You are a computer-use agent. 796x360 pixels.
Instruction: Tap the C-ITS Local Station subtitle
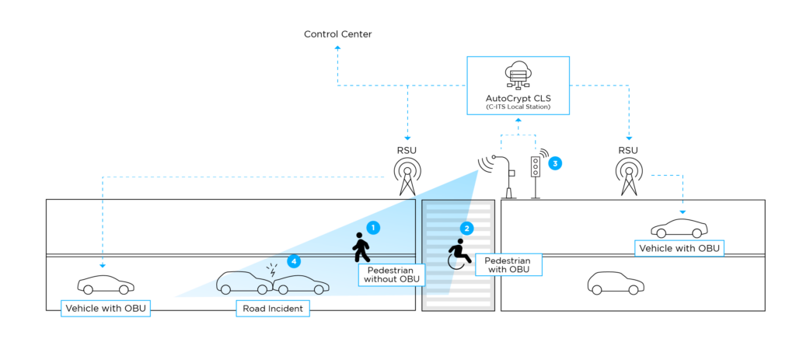click(x=518, y=107)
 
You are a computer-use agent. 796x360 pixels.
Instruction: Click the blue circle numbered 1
click(x=373, y=228)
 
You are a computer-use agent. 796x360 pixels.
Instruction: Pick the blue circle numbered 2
click(x=466, y=229)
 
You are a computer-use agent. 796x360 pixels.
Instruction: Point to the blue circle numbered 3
click(x=555, y=163)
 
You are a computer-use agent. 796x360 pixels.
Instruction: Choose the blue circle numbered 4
click(x=293, y=261)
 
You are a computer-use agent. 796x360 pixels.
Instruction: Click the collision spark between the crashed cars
click(x=272, y=272)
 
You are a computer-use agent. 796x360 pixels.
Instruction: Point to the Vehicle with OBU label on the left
click(x=106, y=309)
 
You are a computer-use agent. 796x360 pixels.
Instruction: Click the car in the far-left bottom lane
click(x=106, y=285)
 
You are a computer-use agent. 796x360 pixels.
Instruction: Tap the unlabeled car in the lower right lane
click(x=616, y=283)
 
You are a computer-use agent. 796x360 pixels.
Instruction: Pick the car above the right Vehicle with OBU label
click(x=679, y=227)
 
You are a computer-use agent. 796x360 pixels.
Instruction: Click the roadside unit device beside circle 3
click(x=536, y=166)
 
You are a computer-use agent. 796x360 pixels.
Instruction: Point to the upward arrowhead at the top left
click(x=337, y=48)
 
